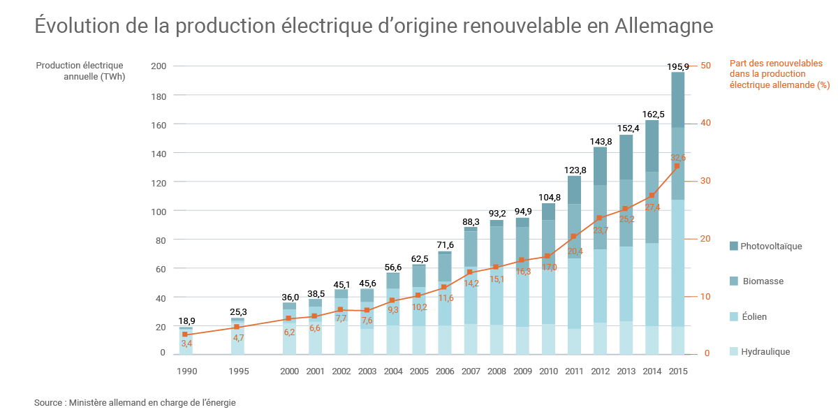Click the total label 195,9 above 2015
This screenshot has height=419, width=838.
point(677,66)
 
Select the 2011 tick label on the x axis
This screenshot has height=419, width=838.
point(574,372)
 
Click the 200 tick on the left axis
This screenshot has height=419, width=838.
point(159,66)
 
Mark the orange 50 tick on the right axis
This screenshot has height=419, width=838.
point(705,66)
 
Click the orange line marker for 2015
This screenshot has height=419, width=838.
point(677,166)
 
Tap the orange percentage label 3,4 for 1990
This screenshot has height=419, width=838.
point(186,344)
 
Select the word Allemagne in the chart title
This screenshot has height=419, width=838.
point(665,26)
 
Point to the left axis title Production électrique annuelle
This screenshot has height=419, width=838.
point(81,71)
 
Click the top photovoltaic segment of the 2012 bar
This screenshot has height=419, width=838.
point(600,166)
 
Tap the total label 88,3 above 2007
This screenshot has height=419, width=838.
point(470,221)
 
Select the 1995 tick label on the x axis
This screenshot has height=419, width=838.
point(238,372)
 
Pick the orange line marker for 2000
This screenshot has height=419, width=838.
point(289,318)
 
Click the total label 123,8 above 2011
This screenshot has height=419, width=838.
point(573,170)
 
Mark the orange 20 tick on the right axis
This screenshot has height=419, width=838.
point(705,238)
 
